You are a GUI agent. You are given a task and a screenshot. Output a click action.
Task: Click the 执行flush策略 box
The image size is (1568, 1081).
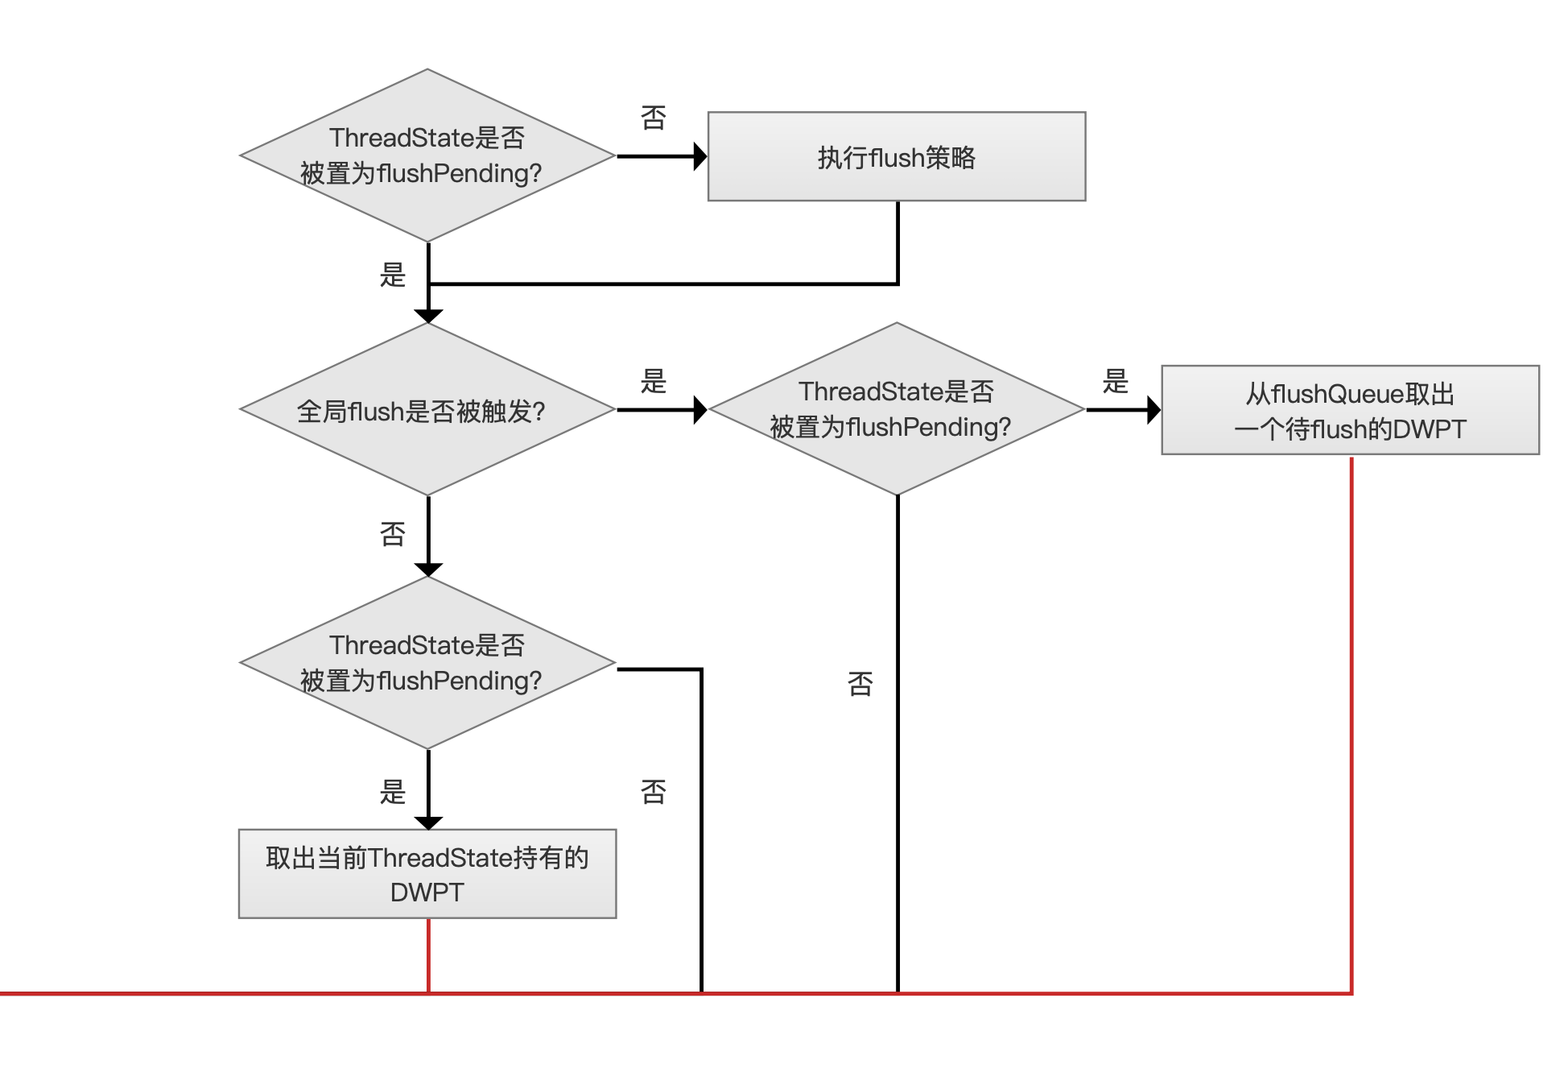click(x=897, y=156)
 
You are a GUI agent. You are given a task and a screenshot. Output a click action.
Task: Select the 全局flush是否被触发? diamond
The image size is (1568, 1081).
click(x=427, y=409)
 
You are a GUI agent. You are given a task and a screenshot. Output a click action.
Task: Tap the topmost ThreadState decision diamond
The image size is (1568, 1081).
click(x=427, y=155)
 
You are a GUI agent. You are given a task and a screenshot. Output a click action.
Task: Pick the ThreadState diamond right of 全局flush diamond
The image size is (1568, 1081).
click(x=897, y=409)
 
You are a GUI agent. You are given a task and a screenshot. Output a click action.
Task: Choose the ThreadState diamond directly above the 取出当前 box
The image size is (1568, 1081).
click(x=427, y=663)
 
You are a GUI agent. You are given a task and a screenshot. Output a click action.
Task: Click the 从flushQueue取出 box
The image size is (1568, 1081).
click(x=1351, y=410)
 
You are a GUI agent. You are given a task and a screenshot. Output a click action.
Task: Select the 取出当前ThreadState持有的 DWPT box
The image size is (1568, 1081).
click(x=427, y=874)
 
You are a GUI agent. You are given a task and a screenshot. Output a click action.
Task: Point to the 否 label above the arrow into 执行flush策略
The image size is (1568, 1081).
click(x=654, y=118)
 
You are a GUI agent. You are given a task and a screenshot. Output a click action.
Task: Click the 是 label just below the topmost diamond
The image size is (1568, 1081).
click(x=393, y=275)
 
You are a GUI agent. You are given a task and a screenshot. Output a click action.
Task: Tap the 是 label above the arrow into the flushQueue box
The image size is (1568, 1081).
click(x=1116, y=381)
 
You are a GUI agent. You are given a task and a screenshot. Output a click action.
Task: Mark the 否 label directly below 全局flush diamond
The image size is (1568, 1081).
click(x=393, y=533)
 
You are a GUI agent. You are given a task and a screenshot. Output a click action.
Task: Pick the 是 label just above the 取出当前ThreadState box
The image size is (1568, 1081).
click(x=393, y=792)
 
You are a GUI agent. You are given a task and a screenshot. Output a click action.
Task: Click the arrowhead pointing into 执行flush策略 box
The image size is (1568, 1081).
click(x=700, y=156)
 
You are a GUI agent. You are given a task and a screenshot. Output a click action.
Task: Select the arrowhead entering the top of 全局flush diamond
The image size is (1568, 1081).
click(x=428, y=317)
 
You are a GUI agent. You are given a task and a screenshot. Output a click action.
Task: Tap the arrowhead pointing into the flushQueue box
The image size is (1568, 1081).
click(x=1154, y=410)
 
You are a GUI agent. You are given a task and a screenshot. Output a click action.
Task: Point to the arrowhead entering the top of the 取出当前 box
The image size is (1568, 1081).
click(x=428, y=823)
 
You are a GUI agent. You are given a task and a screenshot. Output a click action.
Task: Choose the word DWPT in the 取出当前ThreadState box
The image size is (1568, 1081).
click(x=427, y=893)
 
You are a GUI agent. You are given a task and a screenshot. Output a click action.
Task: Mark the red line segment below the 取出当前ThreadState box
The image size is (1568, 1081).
click(x=428, y=956)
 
